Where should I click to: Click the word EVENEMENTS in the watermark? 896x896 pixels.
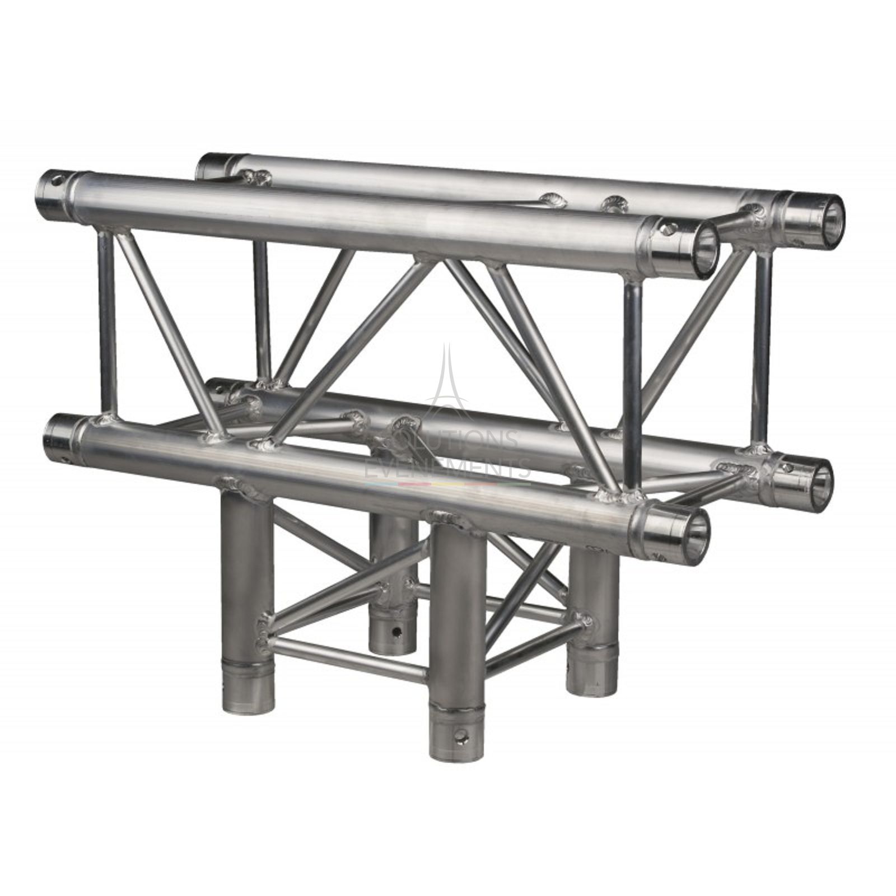[x=448, y=466]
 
